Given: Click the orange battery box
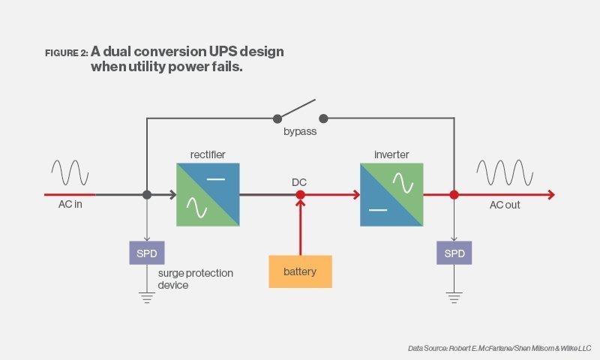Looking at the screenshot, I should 300,271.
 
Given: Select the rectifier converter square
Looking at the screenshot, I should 208,195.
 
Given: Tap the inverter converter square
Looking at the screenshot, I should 391,195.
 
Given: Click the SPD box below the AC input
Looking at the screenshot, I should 147,253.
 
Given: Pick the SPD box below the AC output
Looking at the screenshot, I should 454,253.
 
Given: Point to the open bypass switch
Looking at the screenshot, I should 301,111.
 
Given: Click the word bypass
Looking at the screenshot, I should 300,131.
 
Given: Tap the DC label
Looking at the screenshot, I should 300,182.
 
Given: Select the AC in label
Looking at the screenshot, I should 70,205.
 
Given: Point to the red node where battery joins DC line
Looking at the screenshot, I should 300,195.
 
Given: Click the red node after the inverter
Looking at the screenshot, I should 454,195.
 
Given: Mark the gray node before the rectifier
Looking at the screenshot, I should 147,195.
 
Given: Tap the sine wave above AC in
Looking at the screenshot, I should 69,172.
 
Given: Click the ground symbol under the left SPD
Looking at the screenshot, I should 147,297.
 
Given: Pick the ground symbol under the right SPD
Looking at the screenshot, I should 454,297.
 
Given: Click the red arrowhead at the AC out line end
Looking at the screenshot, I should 551,195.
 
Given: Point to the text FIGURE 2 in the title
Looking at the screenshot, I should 66,53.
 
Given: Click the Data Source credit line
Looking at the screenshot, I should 499,348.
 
